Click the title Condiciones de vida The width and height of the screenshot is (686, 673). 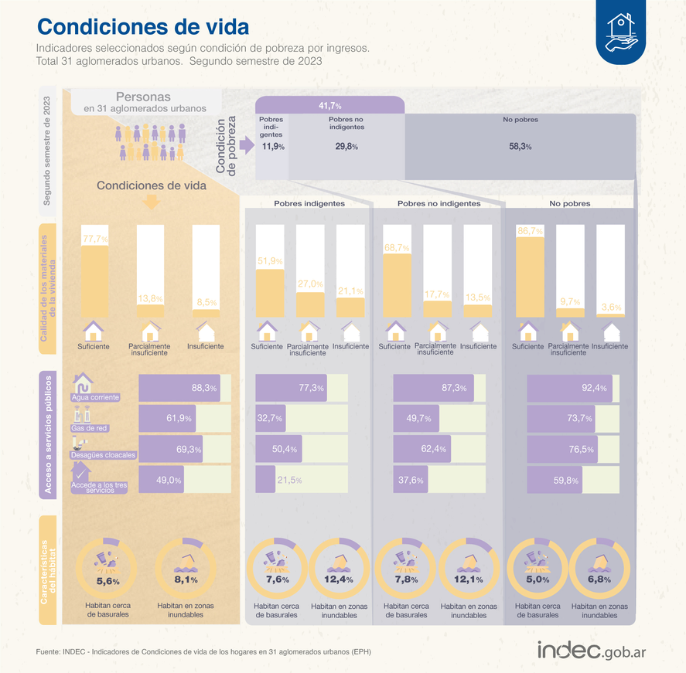click(x=143, y=26)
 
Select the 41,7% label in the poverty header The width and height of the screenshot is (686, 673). click(x=329, y=105)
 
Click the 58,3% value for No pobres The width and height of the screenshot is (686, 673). click(x=520, y=146)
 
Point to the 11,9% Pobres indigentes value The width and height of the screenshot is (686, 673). click(x=272, y=146)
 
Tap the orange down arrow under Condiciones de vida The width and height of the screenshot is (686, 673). click(x=151, y=202)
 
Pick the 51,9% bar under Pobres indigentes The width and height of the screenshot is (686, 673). click(x=268, y=292)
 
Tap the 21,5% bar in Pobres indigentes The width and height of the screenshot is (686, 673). click(x=266, y=481)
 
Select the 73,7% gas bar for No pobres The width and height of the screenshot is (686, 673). click(x=572, y=419)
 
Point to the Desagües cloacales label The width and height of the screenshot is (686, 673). click(x=103, y=455)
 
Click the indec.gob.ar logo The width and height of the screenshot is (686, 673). click(x=592, y=651)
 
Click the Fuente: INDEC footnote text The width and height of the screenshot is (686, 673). click(x=203, y=652)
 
